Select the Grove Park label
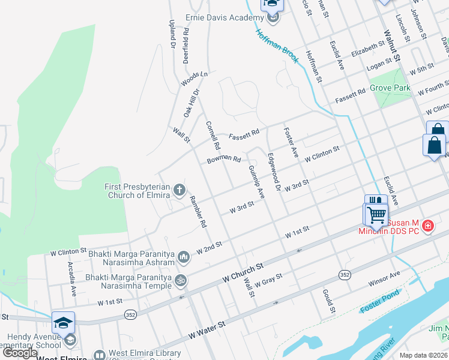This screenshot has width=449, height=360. (x=390, y=88)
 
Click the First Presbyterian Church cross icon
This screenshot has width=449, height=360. (x=179, y=191)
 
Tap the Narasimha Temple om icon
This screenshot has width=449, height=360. (x=179, y=280)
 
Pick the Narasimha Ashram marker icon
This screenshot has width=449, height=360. (x=184, y=257)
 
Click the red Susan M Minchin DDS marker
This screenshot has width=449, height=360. (x=427, y=226)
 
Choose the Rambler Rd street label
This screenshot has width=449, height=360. (x=198, y=212)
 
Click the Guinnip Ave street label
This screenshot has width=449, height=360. (x=256, y=182)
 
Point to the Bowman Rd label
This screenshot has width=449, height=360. (x=224, y=160)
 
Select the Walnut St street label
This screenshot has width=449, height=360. (x=391, y=46)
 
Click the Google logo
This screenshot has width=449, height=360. (x=20, y=353)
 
